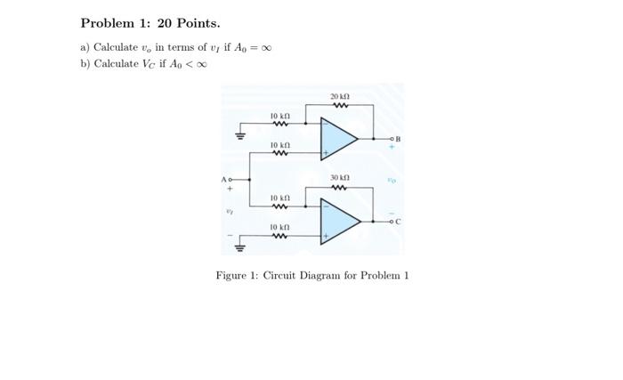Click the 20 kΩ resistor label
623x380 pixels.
point(339,96)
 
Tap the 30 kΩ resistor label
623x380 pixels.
point(339,177)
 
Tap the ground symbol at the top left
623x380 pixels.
point(238,136)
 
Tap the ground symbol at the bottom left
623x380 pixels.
point(238,247)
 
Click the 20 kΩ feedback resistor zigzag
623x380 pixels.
point(339,106)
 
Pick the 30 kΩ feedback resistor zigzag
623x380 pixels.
point(339,188)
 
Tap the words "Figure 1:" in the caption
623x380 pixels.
point(237,275)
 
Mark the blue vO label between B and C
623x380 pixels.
point(390,181)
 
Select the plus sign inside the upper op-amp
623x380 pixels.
point(327,154)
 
